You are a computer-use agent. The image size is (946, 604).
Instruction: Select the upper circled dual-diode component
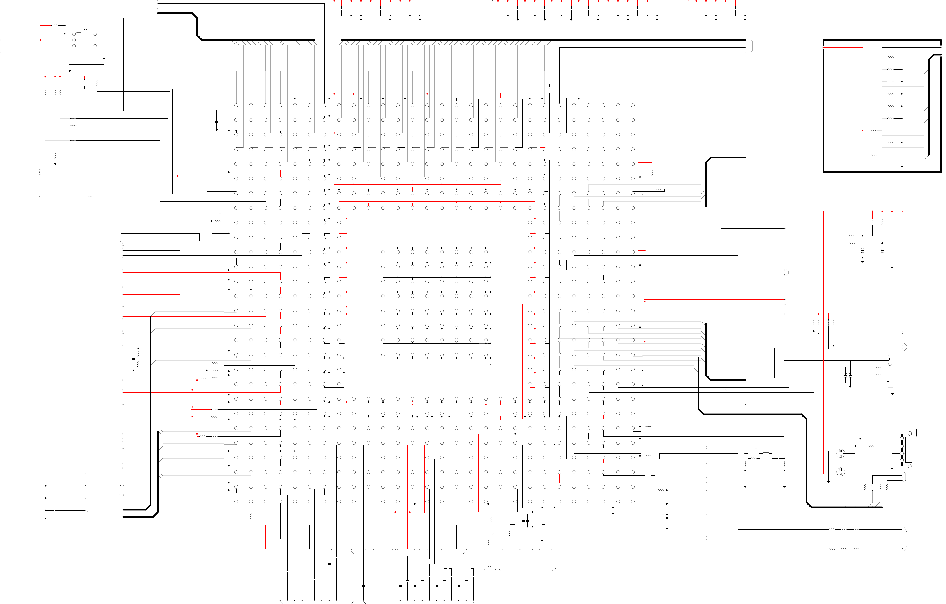pos(840,453)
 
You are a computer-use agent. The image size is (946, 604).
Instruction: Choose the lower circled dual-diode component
pos(840,471)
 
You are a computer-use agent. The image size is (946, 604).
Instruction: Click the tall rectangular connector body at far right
pos(909,450)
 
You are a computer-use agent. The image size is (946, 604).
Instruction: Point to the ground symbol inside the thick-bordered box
pos(902,166)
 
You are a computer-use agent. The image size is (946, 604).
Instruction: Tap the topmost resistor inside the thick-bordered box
pos(891,57)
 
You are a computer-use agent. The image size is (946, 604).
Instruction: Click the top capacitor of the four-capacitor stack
pos(54,474)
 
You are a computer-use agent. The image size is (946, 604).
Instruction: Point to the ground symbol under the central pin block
pos(491,364)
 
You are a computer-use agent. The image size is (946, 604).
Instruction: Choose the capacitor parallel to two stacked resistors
pos(133,359)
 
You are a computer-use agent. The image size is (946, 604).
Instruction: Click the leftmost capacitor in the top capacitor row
pos(341,9)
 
